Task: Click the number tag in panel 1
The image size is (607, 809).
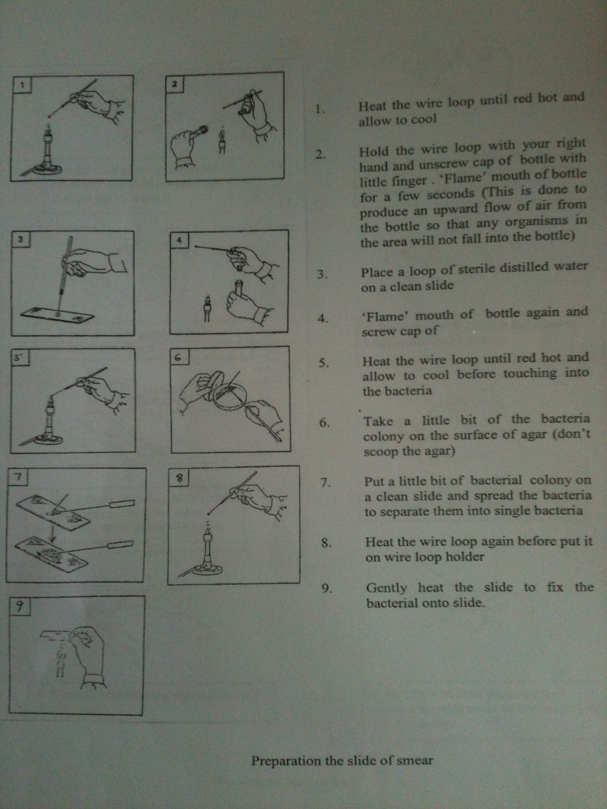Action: [21, 84]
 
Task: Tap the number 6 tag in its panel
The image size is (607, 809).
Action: [179, 357]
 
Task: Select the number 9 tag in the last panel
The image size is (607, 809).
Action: [19, 606]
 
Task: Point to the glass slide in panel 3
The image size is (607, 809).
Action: [57, 314]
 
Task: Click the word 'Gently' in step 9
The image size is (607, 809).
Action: [386, 588]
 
